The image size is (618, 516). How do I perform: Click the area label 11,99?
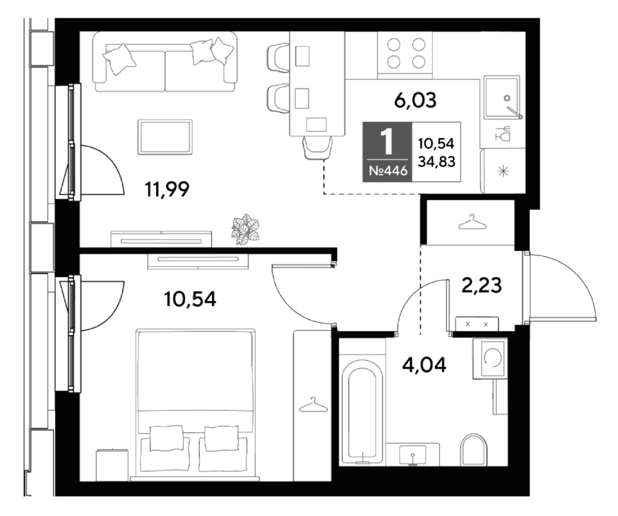point(167,189)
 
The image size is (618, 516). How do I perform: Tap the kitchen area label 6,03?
point(415,100)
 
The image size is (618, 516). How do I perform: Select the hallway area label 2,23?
point(481,285)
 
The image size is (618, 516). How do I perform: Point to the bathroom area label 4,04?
point(424,365)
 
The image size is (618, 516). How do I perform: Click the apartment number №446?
point(388,171)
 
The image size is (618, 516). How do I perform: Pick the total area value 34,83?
point(436,161)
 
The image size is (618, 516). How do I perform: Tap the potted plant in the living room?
point(246,229)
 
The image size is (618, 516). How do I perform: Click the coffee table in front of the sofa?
point(165,137)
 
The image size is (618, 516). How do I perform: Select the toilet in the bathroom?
point(473,450)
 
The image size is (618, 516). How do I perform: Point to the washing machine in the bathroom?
point(490,357)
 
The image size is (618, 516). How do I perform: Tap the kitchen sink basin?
point(501,98)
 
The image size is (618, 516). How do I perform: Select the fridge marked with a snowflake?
point(503,171)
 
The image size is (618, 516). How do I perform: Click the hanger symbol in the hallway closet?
point(472,222)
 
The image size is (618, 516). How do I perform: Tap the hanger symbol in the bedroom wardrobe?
point(313,404)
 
